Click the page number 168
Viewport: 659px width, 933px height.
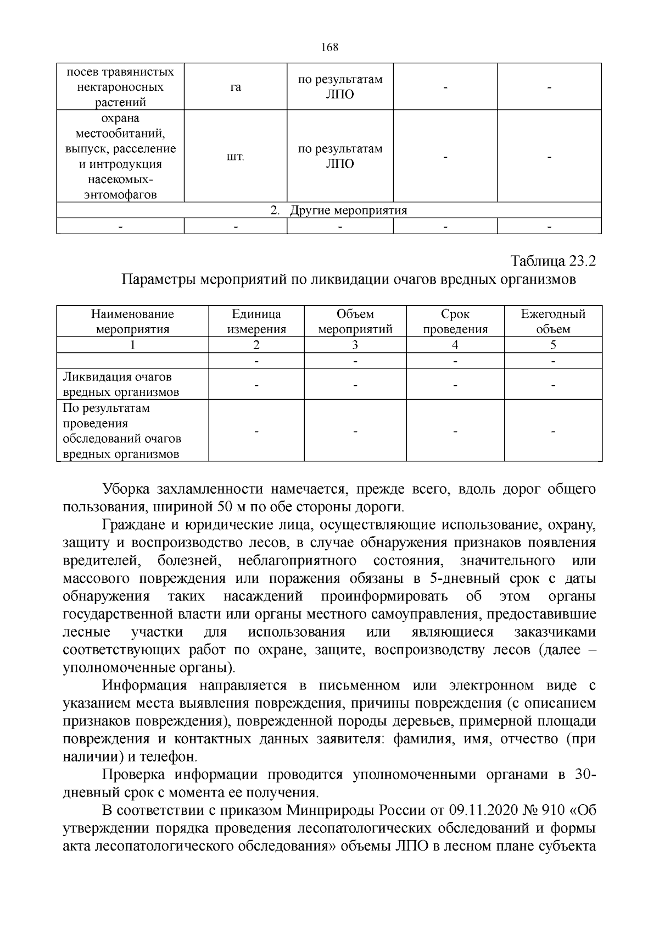pos(329,47)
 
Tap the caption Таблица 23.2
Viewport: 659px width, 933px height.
pos(553,261)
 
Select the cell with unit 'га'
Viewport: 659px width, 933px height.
pos(236,87)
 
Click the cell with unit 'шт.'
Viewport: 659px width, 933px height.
pos(236,157)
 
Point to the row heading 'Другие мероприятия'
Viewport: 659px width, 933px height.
pos(348,211)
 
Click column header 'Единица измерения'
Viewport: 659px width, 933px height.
pos(256,322)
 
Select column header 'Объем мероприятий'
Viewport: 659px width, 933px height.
pos(355,322)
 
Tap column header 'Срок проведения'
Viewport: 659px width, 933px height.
pos(455,322)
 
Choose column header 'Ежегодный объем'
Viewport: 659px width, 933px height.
pos(553,322)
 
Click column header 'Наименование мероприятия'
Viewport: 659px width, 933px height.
pos(132,322)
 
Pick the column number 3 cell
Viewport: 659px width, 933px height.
pos(355,345)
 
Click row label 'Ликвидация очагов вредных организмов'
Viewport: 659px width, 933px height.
pos(121,385)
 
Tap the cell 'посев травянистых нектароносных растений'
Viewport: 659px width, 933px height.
pos(120,87)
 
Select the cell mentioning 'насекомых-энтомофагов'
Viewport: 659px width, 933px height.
pos(120,157)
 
